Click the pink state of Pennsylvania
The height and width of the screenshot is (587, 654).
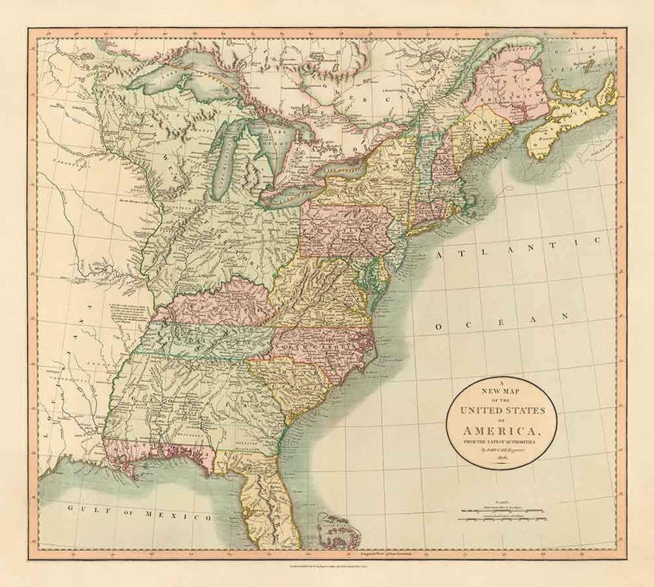pyautogui.click(x=342, y=229)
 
